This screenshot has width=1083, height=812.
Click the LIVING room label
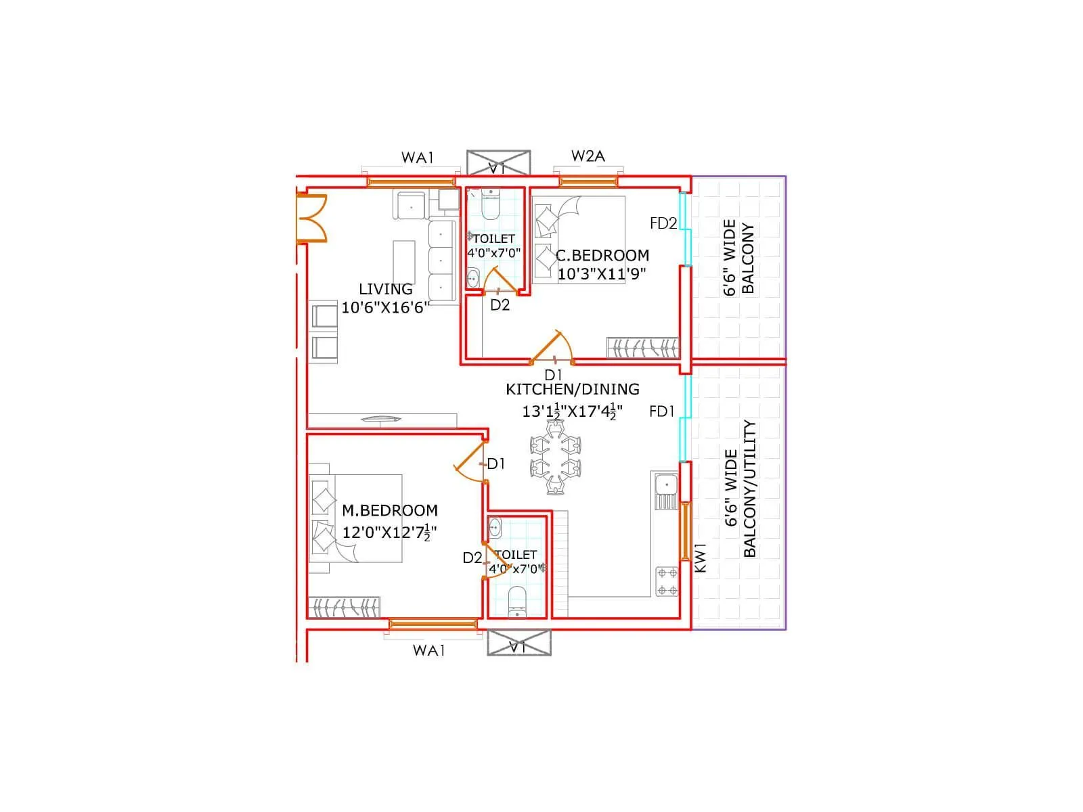point(385,289)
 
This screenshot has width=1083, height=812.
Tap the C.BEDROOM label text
point(602,255)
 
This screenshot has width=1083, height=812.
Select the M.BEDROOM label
point(389,510)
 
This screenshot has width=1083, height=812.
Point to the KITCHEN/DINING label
point(573,389)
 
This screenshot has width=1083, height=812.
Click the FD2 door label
point(663,223)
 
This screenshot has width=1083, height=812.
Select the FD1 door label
point(661,411)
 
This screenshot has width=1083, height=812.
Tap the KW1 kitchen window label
point(701,558)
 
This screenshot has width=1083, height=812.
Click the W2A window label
point(588,156)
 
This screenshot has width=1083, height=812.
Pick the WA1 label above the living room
point(417,158)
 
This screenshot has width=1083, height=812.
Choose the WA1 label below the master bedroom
point(429,650)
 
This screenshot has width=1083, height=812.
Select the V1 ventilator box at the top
point(498,163)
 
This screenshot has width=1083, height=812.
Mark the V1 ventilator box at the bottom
point(518,642)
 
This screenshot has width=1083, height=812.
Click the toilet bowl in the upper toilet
point(490,205)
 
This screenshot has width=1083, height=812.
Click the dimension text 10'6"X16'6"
point(385,308)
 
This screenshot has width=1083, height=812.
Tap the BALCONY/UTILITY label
point(749,489)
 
